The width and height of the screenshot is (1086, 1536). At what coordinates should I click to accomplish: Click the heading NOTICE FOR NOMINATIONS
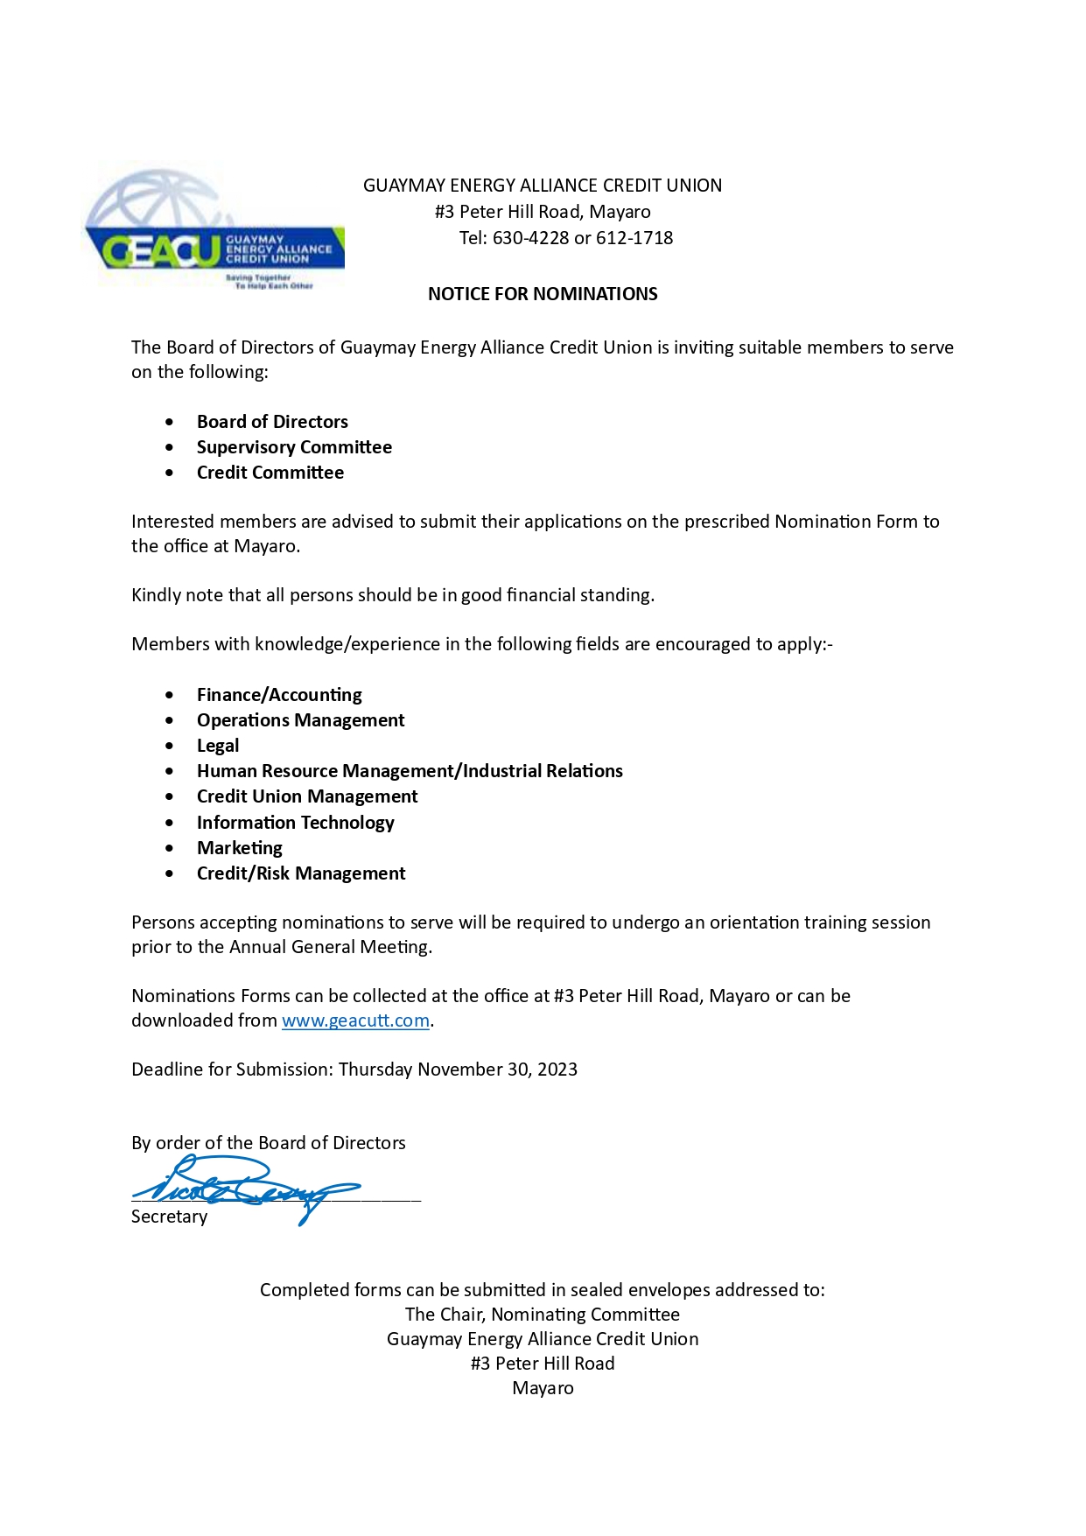[543, 294]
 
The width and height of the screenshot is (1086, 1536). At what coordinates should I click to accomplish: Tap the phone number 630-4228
[530, 238]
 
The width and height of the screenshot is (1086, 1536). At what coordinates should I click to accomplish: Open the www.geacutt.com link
[355, 1020]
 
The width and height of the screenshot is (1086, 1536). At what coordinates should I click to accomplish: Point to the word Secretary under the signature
[169, 1217]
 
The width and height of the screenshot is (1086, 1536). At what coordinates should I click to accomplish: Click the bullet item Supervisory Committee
[294, 447]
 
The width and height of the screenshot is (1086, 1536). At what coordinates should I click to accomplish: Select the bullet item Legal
[218, 746]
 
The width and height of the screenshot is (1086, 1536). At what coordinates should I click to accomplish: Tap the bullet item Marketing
[240, 848]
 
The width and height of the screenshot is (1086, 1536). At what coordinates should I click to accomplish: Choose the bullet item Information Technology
[296, 823]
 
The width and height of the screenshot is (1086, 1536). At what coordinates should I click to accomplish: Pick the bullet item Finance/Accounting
[279, 695]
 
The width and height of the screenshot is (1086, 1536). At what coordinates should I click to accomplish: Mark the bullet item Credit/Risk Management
[301, 873]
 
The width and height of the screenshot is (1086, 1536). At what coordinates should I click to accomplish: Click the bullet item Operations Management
[301, 720]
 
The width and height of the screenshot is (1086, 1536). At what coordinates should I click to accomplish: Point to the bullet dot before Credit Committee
[169, 473]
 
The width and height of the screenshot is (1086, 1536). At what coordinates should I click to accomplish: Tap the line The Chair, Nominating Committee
[543, 1315]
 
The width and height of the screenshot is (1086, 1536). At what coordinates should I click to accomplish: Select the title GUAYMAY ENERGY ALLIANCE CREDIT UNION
[543, 186]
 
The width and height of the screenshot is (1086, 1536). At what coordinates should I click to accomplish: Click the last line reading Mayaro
[543, 1388]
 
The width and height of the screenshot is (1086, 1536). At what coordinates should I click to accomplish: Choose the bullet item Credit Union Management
[307, 796]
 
